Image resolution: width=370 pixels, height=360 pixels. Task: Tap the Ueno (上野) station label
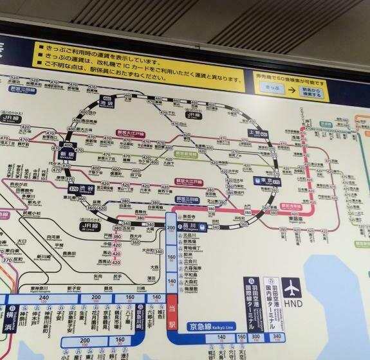point(256,133)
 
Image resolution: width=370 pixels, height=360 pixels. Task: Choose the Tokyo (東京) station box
point(267,181)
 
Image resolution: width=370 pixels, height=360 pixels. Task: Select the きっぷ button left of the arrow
point(272,90)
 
